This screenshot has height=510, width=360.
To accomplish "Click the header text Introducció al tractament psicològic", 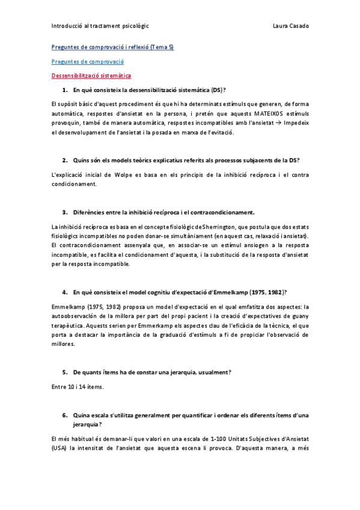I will coord(100,26).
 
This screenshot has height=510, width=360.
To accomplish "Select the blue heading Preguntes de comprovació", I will coord(87,61).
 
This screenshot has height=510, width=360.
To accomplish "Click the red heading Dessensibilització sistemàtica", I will coord(91,76).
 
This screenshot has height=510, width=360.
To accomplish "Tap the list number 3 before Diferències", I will coord(64,212).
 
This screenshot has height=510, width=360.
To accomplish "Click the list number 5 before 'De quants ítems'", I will coord(64,372).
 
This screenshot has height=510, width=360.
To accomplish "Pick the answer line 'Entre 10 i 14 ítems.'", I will coord(78,387).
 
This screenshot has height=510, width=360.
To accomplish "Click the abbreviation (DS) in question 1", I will coord(217,90).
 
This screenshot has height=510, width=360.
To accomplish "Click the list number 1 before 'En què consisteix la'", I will coord(64,90).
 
